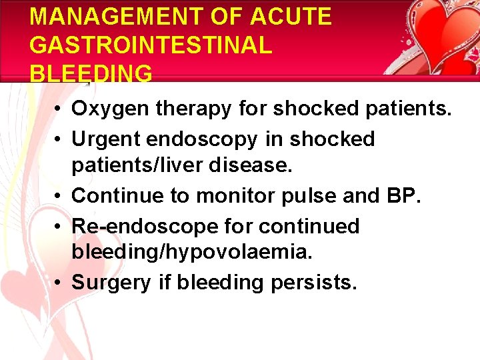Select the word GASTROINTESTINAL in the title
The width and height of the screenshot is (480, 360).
click(x=151, y=45)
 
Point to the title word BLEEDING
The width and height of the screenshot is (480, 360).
click(x=91, y=73)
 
